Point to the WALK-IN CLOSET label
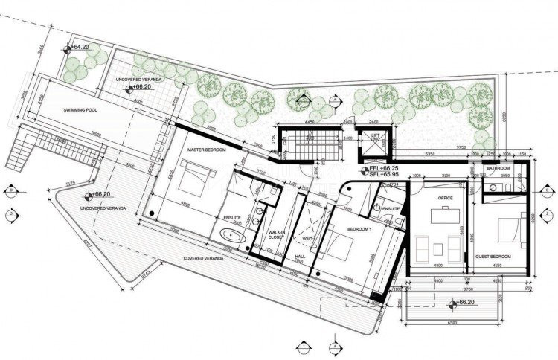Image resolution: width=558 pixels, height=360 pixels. point(277,237)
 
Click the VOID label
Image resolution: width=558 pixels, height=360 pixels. point(310,238)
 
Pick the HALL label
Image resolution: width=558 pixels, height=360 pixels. point(301,256)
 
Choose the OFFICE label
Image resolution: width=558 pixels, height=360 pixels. point(445,198)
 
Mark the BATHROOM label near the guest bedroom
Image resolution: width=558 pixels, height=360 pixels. point(498,168)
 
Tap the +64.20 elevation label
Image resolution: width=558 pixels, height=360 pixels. point(80,47)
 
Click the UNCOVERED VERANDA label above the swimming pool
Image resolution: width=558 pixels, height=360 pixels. point(141,79)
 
